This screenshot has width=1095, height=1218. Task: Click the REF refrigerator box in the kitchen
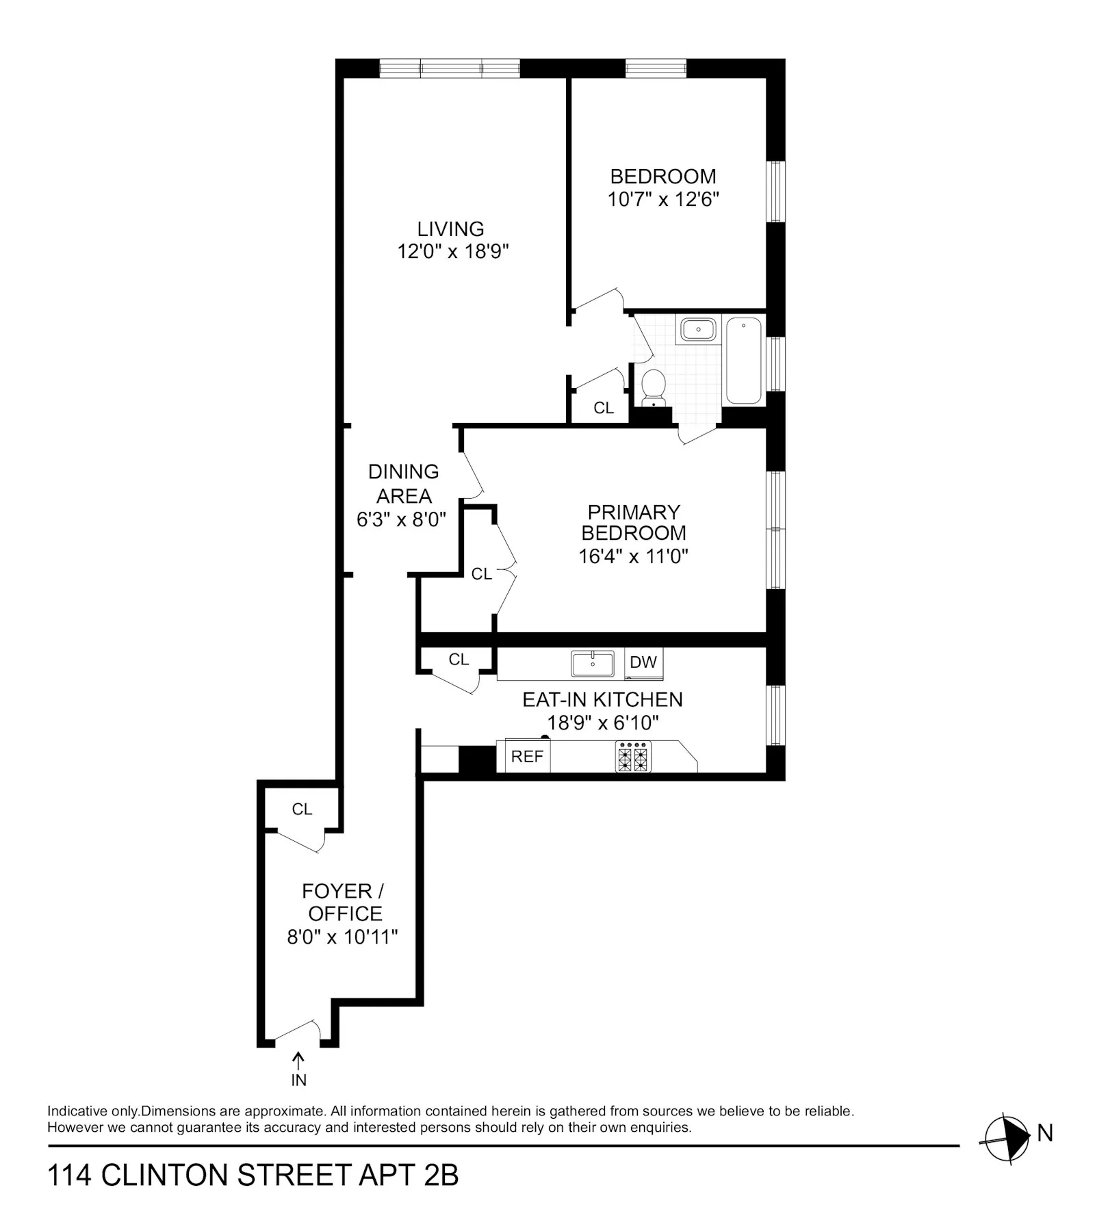527,756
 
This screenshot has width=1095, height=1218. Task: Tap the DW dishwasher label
643,662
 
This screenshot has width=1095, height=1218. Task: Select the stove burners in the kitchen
633,757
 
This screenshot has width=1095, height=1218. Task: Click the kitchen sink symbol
593,663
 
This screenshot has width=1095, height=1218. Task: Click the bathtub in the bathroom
743,360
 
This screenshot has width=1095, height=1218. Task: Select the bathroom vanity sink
698,329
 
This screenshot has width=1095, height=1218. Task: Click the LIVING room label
450,229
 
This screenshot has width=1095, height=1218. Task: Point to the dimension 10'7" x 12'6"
663,199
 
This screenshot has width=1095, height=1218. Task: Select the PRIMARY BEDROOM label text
634,522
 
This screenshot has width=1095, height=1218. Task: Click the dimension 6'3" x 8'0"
401,519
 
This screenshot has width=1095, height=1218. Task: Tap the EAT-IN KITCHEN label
602,699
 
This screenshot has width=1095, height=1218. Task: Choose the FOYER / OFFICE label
343,902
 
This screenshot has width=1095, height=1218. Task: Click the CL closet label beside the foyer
302,809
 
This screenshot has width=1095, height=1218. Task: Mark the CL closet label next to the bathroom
604,408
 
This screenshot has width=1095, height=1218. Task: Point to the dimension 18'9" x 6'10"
602,723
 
